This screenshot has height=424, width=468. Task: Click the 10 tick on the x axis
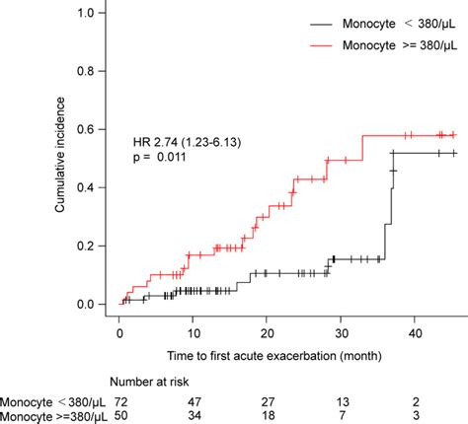coord(193,333)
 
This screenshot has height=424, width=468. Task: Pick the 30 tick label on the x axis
coord(340,333)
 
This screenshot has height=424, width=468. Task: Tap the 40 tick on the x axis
coord(414,333)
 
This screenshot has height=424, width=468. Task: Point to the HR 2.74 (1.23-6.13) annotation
coord(187,142)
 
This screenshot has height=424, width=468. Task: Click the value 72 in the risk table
coord(123,401)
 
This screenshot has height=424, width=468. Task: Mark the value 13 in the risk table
coord(342,401)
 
